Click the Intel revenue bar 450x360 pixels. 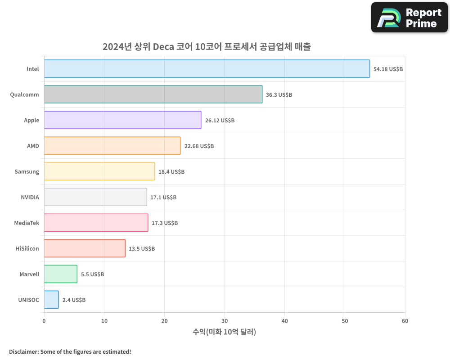[x=207, y=69]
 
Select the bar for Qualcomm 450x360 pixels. [x=153, y=94]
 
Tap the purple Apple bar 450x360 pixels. [x=122, y=120]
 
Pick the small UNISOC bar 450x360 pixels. [x=51, y=300]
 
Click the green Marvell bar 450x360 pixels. [x=61, y=274]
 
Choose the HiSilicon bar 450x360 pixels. [x=85, y=248]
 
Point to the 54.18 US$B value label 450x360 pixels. [x=388, y=69]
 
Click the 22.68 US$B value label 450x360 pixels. [x=199, y=146]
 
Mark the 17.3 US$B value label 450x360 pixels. [x=165, y=223]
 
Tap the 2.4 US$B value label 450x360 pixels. [x=74, y=300]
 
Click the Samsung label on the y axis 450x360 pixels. [x=27, y=171]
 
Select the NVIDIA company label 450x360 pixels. [x=30, y=197]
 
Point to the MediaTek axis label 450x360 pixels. [x=27, y=223]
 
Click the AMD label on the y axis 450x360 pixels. [x=33, y=146]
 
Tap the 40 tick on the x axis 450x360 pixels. [x=285, y=321]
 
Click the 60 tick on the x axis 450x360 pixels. [x=405, y=321]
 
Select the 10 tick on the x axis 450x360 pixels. [x=104, y=321]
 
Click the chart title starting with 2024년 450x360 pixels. [x=207, y=47]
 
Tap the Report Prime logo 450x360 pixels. [x=409, y=18]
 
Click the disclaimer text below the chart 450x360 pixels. [x=70, y=351]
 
